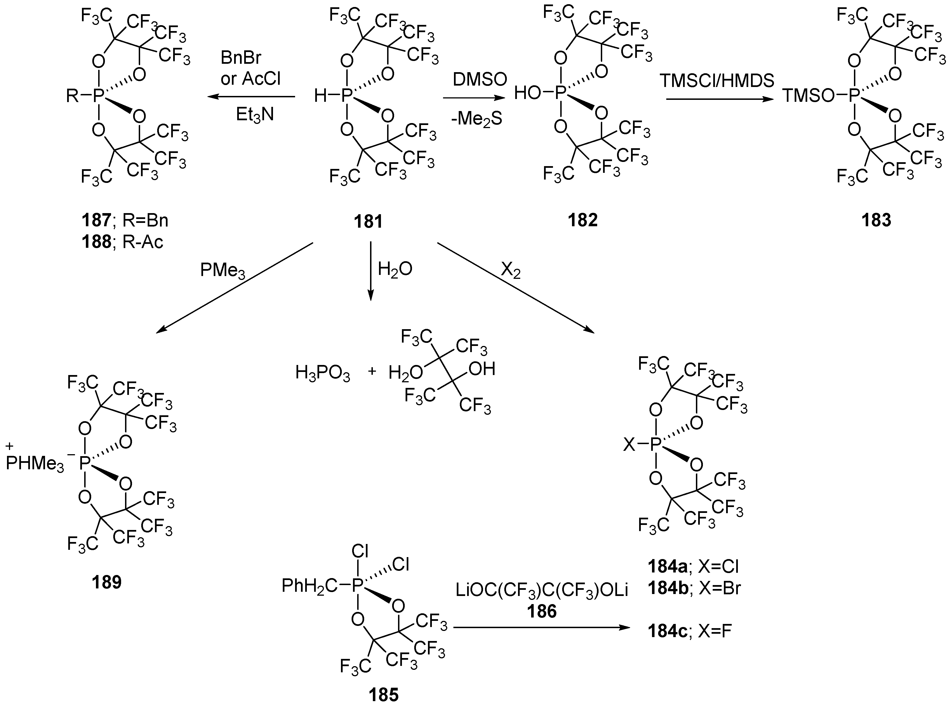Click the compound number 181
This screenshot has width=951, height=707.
click(x=368, y=222)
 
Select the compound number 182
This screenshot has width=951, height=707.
click(x=583, y=220)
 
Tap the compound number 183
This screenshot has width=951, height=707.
click(x=876, y=220)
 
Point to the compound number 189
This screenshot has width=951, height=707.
click(x=107, y=582)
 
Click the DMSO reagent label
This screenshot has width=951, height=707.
click(x=480, y=79)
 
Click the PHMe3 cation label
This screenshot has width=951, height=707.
click(x=34, y=463)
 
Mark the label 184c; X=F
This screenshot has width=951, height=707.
click(x=689, y=631)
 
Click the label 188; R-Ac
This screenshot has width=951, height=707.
click(x=123, y=242)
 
